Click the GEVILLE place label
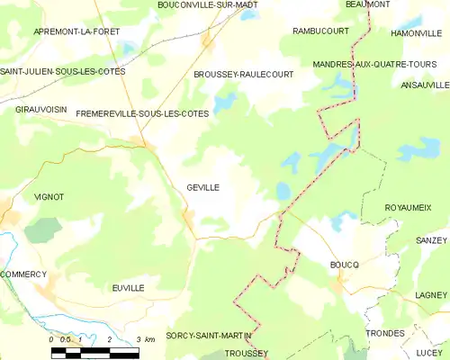tap(203, 187)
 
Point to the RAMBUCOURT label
tap(320, 31)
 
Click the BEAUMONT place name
tap(368, 4)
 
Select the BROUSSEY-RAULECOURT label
tap(243, 75)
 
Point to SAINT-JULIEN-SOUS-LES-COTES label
tap(62, 70)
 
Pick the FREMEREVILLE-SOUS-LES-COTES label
tap(142, 114)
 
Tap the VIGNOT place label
tap(49, 196)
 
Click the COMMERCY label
tap(22, 274)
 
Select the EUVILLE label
tap(128, 287)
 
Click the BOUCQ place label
tap(345, 265)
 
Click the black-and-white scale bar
tap(94, 352)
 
